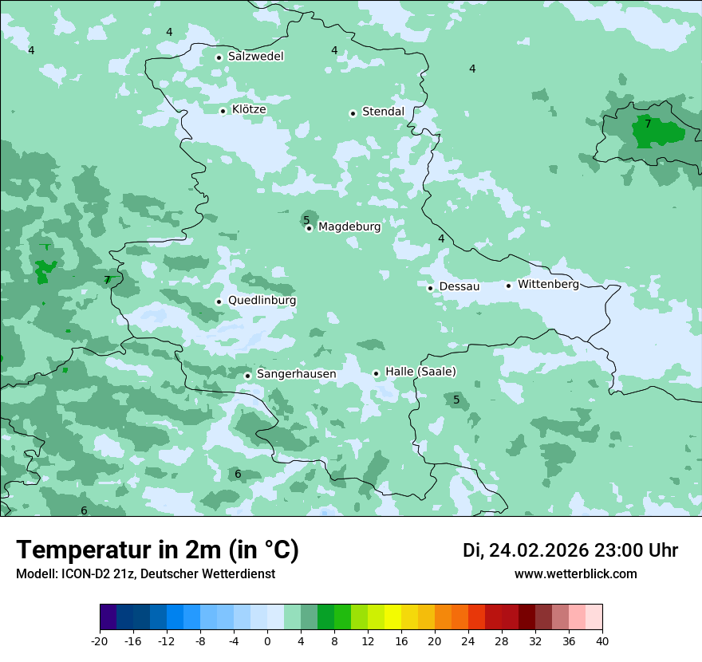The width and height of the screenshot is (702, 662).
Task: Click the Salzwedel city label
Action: tap(255, 57)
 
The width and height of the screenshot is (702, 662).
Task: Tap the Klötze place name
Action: tap(248, 110)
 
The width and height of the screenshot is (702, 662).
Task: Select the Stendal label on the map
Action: tap(383, 112)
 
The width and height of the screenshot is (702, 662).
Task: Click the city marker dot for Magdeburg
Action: tap(310, 228)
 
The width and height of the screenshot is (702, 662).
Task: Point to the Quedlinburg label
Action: tap(262, 301)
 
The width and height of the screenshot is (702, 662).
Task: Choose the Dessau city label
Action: tap(459, 286)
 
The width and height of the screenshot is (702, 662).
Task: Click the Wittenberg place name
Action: tap(548, 285)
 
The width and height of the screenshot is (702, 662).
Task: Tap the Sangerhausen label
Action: tap(296, 374)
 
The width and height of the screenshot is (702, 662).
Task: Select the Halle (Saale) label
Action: tap(420, 372)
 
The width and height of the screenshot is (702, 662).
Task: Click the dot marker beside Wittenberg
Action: tap(508, 286)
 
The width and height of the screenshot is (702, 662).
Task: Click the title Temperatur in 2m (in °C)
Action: tap(157, 550)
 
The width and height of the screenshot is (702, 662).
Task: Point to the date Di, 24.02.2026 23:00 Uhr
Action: tap(570, 550)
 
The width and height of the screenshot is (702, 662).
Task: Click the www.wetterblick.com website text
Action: tap(575, 574)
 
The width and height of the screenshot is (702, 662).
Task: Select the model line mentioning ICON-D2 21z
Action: tap(145, 574)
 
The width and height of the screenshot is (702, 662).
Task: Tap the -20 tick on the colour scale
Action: tap(100, 641)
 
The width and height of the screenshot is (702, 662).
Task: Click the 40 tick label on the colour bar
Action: tap(602, 641)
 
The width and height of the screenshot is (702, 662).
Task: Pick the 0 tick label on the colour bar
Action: tap(267, 641)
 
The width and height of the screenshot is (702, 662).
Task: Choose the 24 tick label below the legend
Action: tap(468, 641)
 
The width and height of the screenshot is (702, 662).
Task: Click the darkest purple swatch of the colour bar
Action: tap(108, 617)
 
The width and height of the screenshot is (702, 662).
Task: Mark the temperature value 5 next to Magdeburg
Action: tap(306, 220)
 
